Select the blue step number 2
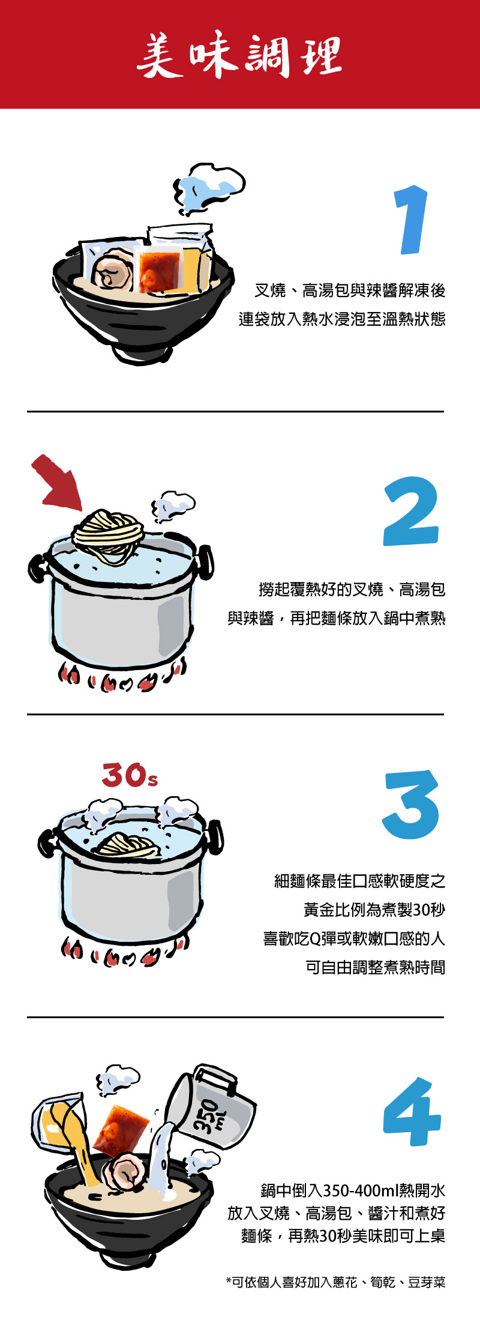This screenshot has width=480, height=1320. (412, 511)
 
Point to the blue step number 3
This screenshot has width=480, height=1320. (412, 805)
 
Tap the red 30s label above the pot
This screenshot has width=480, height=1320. (130, 775)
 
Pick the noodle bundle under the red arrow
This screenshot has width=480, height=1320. (109, 536)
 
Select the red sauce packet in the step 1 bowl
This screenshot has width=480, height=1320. (159, 270)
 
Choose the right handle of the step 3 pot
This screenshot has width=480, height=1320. (214, 836)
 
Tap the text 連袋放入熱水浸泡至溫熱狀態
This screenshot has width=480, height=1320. (342, 319)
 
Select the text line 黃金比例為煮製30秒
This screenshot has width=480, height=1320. (374, 910)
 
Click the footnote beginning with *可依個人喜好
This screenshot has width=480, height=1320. (336, 1282)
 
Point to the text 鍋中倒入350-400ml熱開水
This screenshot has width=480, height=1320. (353, 1190)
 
